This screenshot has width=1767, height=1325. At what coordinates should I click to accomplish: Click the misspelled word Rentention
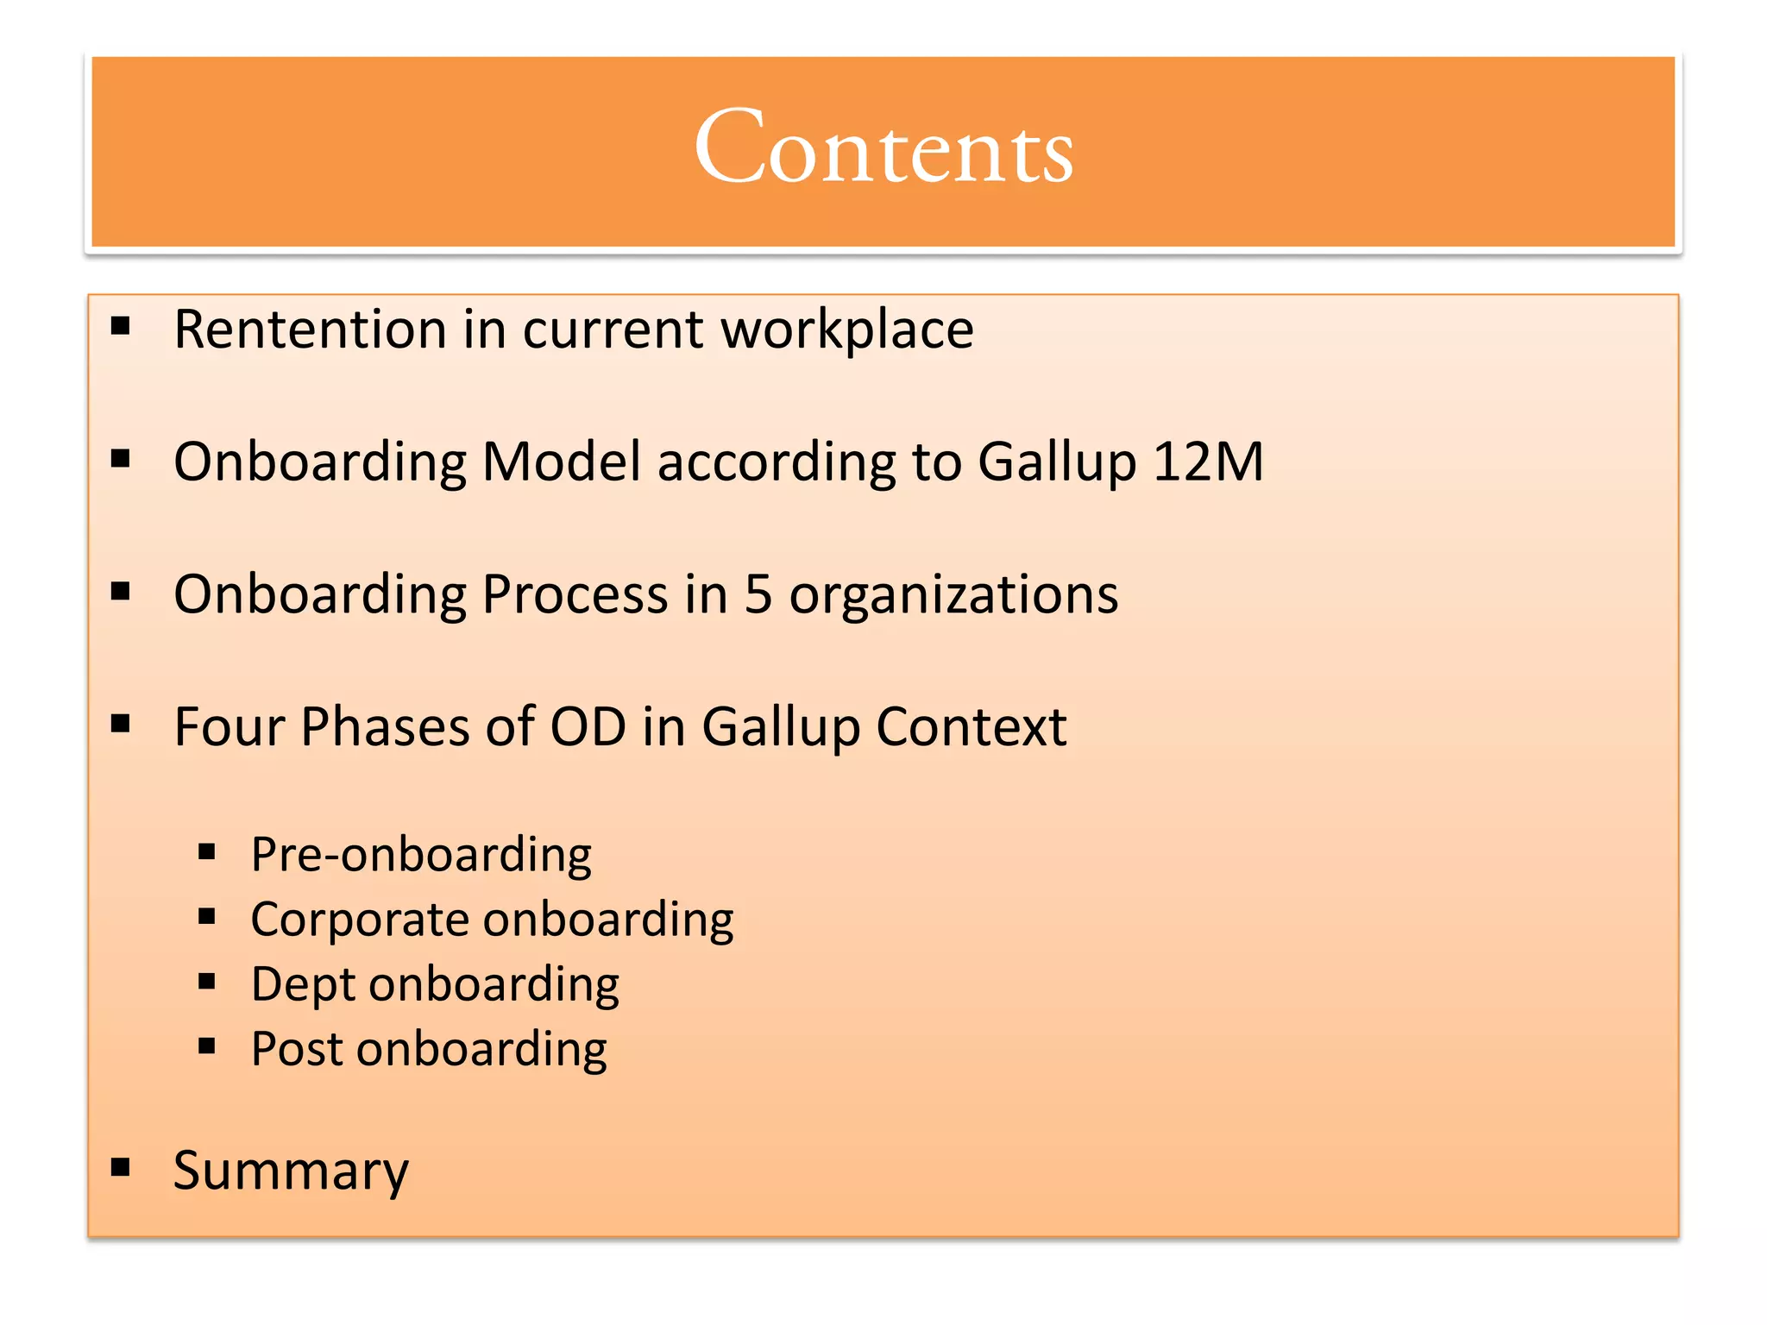309,330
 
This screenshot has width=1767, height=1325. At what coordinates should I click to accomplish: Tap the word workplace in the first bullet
847,330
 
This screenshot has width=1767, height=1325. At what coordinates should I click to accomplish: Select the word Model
562,462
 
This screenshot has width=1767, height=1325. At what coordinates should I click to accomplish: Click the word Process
575,595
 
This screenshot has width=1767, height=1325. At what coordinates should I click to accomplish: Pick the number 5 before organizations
758,595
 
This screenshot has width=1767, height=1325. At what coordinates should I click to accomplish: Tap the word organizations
953,595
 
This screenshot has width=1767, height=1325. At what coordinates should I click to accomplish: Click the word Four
229,727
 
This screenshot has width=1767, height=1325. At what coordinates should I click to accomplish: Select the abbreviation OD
588,727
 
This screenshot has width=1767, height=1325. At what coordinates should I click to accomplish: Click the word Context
971,727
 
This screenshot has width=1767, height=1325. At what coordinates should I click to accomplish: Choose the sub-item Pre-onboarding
421,856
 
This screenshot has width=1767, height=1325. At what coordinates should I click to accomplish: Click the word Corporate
358,920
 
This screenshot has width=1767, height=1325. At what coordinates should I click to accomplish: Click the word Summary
291,1171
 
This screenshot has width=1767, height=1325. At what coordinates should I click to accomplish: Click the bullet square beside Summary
121,1168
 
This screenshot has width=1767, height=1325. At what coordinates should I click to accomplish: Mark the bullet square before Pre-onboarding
206,852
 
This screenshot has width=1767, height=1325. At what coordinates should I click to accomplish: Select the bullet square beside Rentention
121,326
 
